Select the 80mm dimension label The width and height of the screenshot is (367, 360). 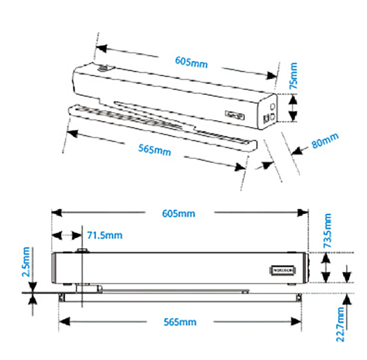[x=325, y=140]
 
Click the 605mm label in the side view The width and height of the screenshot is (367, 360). [x=178, y=213]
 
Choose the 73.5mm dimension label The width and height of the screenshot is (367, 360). [x=327, y=231]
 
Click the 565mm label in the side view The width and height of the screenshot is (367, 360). [x=180, y=322]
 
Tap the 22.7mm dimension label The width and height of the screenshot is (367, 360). [x=341, y=325]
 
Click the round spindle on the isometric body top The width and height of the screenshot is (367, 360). [x=104, y=68]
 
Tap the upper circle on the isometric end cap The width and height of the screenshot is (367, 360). [x=272, y=107]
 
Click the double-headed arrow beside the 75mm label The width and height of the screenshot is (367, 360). [x=294, y=108]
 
